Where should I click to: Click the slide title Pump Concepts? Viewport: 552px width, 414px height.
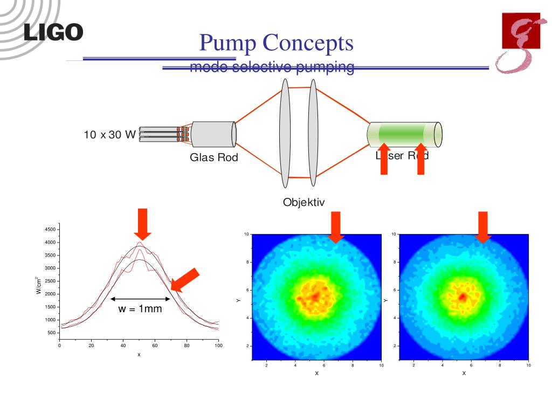coord(276,43)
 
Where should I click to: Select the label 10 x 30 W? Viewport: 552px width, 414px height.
coord(109,134)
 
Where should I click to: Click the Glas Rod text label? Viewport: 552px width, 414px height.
coord(213,158)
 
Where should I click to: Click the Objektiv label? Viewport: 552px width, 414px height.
coord(303,203)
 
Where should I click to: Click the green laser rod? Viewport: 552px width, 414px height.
coord(404,134)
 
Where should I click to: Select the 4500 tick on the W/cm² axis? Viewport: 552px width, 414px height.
coord(50,230)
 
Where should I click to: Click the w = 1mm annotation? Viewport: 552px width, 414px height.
coord(140,309)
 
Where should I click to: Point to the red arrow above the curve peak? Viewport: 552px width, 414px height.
coord(142,224)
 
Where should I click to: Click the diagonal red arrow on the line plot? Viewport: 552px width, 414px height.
coord(184,280)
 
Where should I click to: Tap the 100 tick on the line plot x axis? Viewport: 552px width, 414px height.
coord(218,346)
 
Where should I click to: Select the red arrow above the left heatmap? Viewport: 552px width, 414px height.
coord(335,227)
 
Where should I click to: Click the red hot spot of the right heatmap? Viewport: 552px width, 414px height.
coord(462,297)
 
